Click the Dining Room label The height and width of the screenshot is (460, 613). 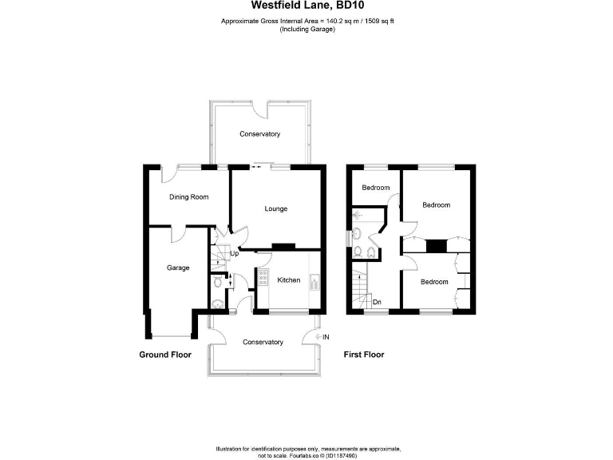[x=188, y=196]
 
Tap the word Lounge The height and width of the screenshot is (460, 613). [x=275, y=209]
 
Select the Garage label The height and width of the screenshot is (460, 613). [x=177, y=268]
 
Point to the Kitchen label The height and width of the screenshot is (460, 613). [x=288, y=280]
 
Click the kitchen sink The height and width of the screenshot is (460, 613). [x=314, y=282]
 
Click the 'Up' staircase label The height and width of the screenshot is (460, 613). [x=234, y=254]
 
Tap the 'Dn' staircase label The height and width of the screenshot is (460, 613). [x=376, y=301]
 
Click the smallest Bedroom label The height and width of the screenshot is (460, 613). [x=375, y=188]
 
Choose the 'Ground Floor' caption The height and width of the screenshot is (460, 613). [x=165, y=354]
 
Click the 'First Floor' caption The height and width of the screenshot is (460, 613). [x=363, y=354]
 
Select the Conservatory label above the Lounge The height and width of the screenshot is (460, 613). [x=259, y=134]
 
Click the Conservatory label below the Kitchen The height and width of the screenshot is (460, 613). [x=263, y=342]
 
